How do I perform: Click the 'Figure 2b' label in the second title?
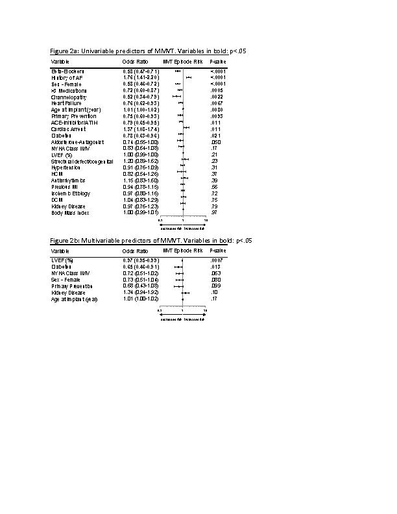click(x=65, y=241)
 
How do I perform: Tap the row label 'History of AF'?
click(x=66, y=78)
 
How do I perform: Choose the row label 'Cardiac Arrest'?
click(x=67, y=128)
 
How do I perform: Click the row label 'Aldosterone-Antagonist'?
click(x=77, y=141)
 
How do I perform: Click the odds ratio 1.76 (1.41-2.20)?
click(x=141, y=78)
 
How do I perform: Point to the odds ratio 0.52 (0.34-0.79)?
click(x=141, y=97)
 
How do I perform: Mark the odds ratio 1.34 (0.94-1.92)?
click(x=141, y=293)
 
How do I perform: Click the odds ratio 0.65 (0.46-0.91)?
click(x=141, y=267)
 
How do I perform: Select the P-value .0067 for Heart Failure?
click(x=217, y=103)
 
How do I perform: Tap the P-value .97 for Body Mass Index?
click(x=215, y=212)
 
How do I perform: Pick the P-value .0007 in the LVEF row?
click(x=217, y=260)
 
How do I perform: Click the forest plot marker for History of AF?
click(x=189, y=78)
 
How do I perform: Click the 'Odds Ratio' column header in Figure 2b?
click(x=135, y=251)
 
